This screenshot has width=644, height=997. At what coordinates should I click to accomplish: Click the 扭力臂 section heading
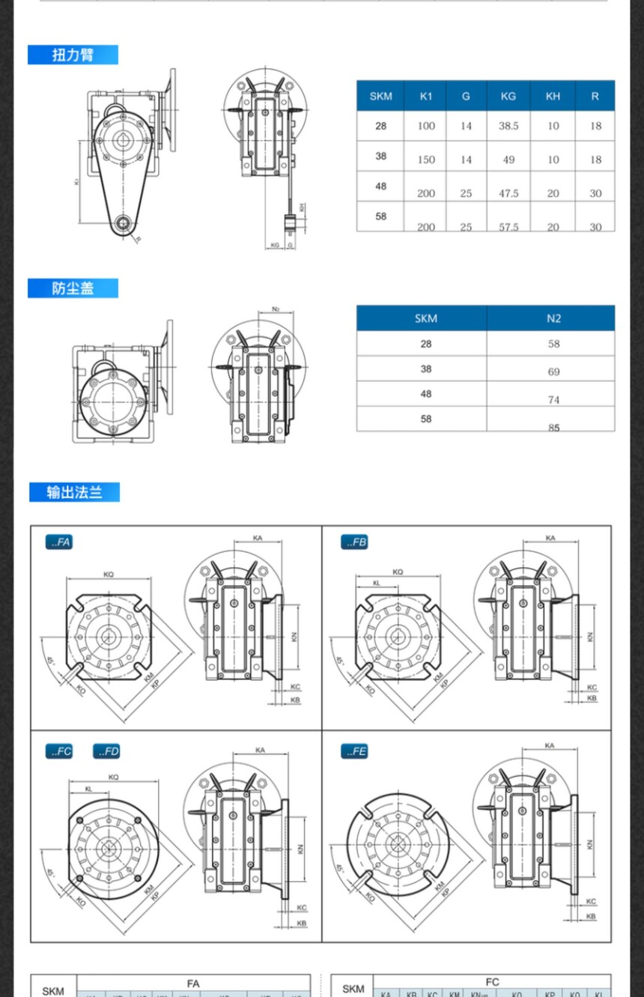(x=73, y=55)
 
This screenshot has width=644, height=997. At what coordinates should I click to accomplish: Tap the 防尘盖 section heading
(x=73, y=288)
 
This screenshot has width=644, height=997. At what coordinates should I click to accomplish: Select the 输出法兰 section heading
(x=74, y=492)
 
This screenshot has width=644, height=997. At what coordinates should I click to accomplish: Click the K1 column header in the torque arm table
(x=426, y=96)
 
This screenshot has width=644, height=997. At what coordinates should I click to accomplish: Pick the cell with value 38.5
(x=508, y=126)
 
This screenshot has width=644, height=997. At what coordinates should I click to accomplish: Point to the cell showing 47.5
(x=508, y=193)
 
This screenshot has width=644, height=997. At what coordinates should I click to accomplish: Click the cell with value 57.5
(x=508, y=226)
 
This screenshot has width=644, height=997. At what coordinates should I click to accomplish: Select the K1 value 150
(x=426, y=160)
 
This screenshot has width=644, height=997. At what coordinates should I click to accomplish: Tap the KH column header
(x=553, y=96)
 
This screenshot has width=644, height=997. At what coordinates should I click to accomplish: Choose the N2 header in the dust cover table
(x=553, y=318)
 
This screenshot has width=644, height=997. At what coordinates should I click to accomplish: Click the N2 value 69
(x=553, y=372)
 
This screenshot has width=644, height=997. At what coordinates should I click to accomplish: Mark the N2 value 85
(x=553, y=428)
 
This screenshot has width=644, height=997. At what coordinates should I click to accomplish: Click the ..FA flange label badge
(x=59, y=542)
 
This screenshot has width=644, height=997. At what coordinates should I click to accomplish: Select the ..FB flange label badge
(x=354, y=542)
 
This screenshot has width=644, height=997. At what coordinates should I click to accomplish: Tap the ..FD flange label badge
(x=106, y=751)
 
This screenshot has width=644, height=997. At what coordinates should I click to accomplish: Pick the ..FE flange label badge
(x=354, y=751)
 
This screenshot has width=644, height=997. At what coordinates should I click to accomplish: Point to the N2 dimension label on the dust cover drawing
(x=276, y=309)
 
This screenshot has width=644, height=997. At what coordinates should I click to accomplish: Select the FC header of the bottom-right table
(x=492, y=982)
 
